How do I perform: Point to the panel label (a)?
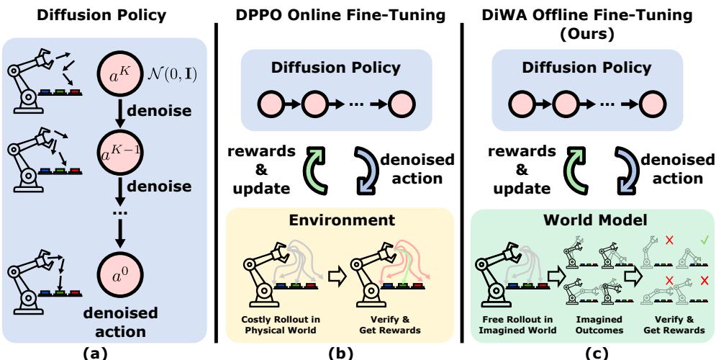tap(107, 352)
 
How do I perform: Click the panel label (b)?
tap(338, 352)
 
